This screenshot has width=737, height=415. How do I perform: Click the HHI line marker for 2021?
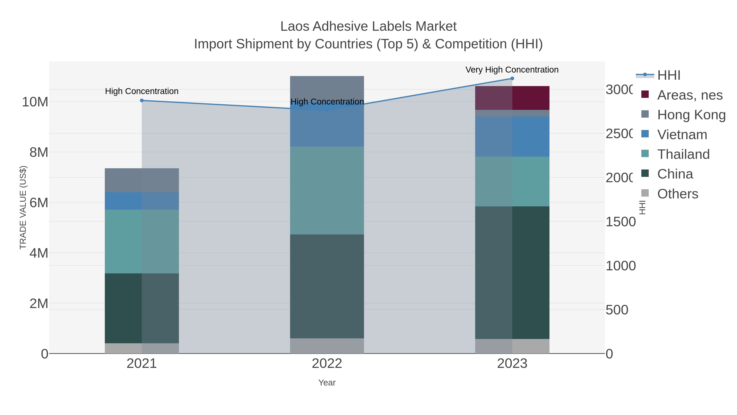[x=142, y=101]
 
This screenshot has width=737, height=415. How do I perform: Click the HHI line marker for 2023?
[x=512, y=78]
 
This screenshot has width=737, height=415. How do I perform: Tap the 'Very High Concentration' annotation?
[x=512, y=70]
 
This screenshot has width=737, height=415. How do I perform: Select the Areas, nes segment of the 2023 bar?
[x=512, y=98]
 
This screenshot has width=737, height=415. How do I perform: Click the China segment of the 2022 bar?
[x=327, y=287]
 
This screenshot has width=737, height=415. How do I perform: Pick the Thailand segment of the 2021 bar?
[x=142, y=241]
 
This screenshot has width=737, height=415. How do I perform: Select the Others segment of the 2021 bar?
[x=142, y=348]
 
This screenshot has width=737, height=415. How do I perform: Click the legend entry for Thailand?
[x=683, y=154]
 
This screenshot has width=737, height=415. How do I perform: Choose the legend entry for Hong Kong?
[x=691, y=115]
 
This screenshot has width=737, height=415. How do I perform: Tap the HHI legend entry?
[x=669, y=75]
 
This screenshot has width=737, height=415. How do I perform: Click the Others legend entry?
[x=677, y=194]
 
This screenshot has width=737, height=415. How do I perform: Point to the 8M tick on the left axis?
[x=39, y=152]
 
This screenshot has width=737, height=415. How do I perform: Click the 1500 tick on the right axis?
[x=620, y=222]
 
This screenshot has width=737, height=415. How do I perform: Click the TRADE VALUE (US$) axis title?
[x=23, y=207]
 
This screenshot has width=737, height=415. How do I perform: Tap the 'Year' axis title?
[x=327, y=383]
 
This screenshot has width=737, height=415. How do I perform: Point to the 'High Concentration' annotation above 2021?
[x=142, y=91]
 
